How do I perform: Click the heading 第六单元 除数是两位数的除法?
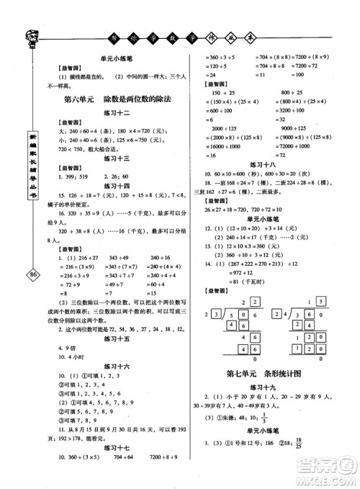pyautogui.click(x=115, y=100)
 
